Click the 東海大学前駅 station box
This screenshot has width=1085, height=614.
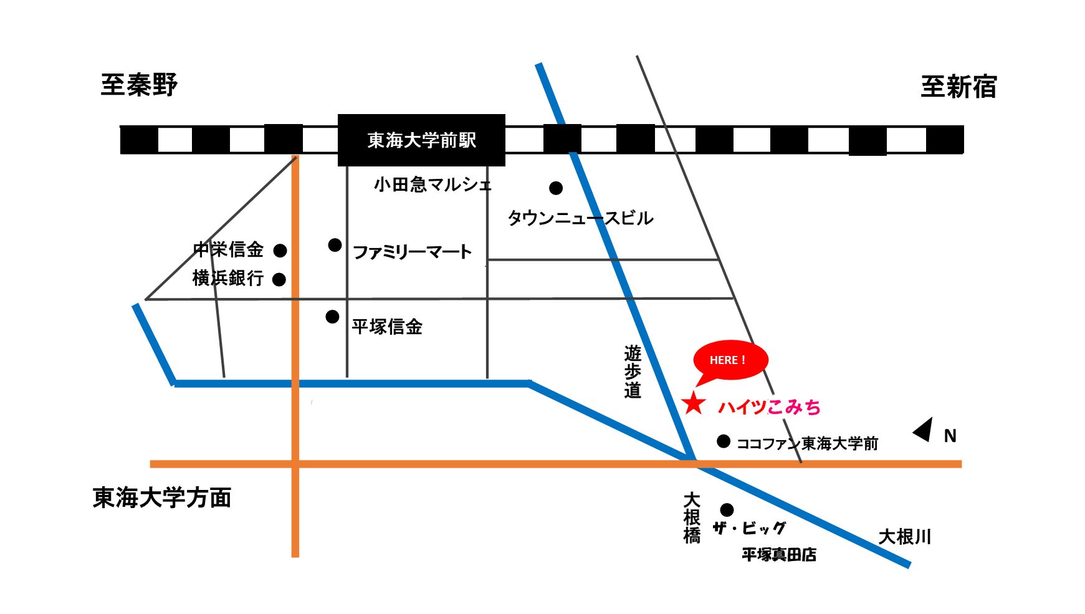(421, 140)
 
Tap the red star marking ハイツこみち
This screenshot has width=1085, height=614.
(693, 404)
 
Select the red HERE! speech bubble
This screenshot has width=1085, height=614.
(730, 360)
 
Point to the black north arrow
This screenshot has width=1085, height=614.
(924, 429)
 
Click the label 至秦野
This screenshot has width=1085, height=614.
(139, 85)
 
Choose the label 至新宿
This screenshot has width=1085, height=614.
(958, 87)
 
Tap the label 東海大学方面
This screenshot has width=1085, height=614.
(162, 497)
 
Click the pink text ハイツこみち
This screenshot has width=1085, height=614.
(769, 407)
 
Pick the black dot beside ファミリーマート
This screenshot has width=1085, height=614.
(335, 245)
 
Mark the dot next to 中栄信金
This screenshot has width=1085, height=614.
(280, 251)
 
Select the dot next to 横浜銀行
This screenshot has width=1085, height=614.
(279, 279)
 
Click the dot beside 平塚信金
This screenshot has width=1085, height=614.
(333, 317)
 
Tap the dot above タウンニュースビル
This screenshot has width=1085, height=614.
(556, 188)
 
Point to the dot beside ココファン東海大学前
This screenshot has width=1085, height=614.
(723, 441)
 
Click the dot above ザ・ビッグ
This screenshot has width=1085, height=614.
(727, 510)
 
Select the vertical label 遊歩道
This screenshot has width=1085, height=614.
(633, 372)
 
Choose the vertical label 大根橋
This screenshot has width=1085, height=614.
(692, 518)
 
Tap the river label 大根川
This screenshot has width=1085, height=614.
(904, 537)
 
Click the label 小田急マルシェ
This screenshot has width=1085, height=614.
(433, 185)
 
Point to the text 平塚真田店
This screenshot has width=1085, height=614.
(779, 554)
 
